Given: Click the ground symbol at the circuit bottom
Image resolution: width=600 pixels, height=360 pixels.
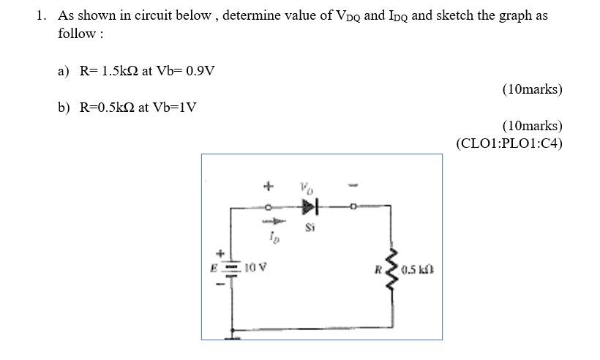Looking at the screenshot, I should (x=233, y=334).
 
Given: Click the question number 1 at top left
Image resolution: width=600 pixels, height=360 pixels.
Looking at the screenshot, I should (x=42, y=15).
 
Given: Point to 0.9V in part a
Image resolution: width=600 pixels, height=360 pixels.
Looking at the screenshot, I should (x=200, y=71).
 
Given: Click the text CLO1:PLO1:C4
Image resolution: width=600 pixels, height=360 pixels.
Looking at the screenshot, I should (x=509, y=143).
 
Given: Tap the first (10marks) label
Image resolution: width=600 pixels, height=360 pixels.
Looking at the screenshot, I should (x=532, y=89).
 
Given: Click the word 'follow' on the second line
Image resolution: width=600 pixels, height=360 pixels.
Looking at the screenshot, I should (x=76, y=34).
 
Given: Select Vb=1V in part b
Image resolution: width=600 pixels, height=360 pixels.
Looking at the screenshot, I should (x=174, y=108).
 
